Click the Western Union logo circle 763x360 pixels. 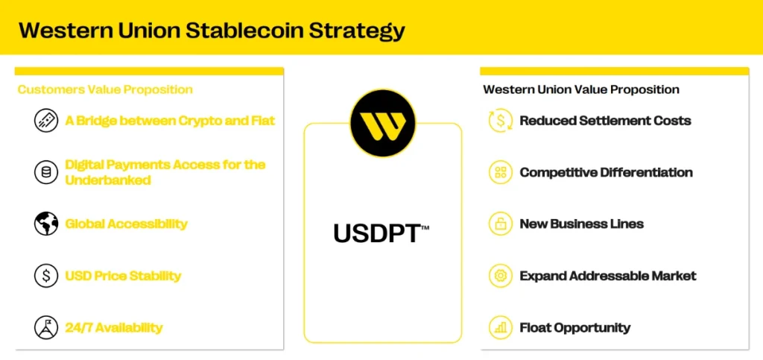[382, 124]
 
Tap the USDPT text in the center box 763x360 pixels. [380, 233]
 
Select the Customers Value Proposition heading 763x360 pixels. [105, 89]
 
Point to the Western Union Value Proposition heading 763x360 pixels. [581, 89]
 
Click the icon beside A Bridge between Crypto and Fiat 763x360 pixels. [46, 121]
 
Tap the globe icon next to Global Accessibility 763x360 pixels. [46, 224]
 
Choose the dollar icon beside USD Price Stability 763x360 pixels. [46, 276]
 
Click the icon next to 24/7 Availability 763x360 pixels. [46, 327]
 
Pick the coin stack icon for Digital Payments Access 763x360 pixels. [46, 172]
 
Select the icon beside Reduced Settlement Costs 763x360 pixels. [501, 121]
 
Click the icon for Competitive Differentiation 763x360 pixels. [501, 172]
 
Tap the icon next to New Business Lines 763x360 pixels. [501, 224]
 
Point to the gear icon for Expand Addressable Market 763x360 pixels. [501, 276]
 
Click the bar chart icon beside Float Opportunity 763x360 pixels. [501, 327]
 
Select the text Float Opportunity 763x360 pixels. [574, 327]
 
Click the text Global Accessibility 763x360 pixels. [126, 224]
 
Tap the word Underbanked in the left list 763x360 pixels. [108, 180]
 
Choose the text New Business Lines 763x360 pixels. [581, 224]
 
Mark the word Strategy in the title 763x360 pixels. [357, 31]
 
